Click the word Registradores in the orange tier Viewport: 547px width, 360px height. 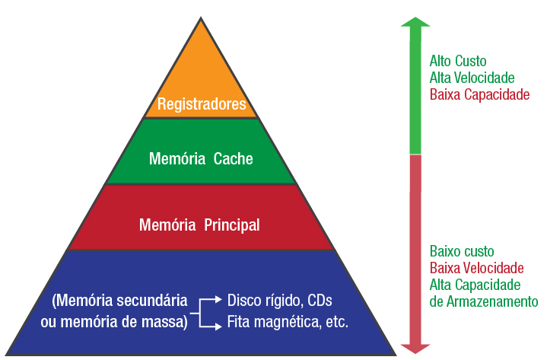202,104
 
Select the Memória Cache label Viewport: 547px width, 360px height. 201,159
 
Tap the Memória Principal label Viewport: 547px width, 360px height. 199,225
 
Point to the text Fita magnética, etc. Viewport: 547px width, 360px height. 288,322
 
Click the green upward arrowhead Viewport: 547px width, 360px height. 415,25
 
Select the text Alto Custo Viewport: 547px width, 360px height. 458,61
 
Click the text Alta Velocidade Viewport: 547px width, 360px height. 472,78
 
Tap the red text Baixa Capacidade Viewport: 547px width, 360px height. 479,95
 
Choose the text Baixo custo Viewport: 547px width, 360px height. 462,250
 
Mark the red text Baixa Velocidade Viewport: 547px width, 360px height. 476,268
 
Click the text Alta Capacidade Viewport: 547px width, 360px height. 475,285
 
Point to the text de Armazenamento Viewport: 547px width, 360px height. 484,301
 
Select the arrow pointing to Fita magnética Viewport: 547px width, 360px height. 216,323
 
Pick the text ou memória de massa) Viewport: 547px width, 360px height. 114,322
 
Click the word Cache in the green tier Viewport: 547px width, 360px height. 233,159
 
